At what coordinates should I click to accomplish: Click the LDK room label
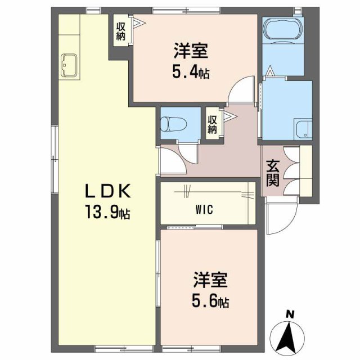point(108,191)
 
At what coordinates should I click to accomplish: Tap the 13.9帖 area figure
point(107,212)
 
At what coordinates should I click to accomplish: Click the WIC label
point(204,210)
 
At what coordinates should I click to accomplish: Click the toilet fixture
point(173,124)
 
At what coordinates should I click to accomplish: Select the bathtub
point(283,28)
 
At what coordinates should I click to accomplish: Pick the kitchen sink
point(69,65)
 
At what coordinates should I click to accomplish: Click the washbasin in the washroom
point(304,130)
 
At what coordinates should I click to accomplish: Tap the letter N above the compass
point(290,314)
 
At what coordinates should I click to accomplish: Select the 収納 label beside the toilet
point(213,125)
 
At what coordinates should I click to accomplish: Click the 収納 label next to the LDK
point(120,31)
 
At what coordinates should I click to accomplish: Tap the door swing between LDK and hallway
point(174,160)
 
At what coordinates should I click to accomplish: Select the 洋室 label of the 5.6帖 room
point(210,280)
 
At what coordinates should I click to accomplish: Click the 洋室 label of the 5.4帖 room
point(191,51)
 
